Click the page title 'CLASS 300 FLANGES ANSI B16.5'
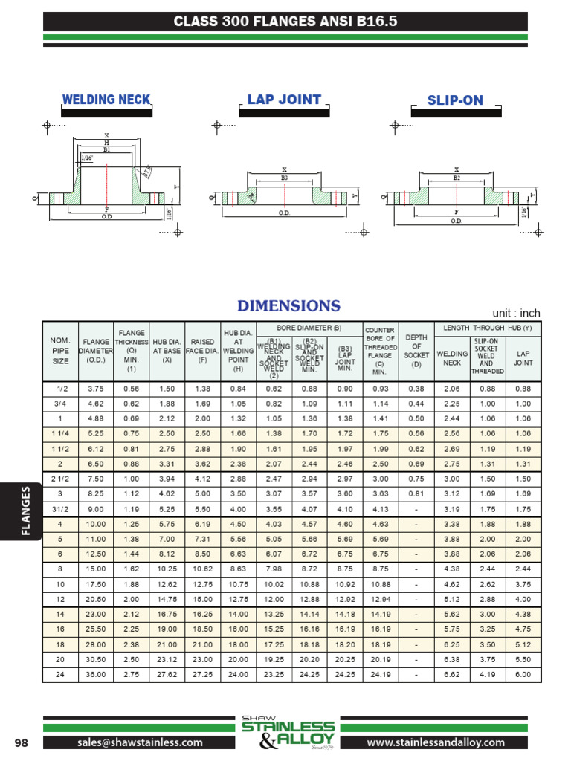pos(285,22)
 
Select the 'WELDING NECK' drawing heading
pos(106,100)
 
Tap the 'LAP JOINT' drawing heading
pos(284,100)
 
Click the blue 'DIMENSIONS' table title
pos(288,306)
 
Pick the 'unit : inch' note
pos(516,313)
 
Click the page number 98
pos(22,742)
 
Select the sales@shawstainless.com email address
pos(140,742)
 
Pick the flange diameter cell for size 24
pos(96,674)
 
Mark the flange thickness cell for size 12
pos(131,598)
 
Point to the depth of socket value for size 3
pos(416,494)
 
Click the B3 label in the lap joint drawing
pos(284,178)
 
